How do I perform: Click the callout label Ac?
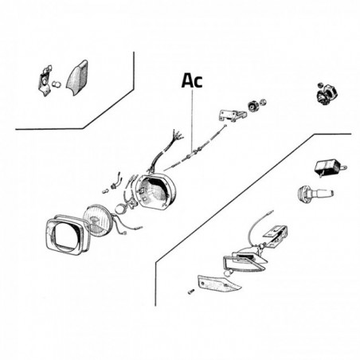click(192, 80)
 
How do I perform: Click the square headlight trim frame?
click(50, 233)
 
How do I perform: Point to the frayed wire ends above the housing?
click(177, 135)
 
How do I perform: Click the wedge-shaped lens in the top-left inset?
click(77, 77)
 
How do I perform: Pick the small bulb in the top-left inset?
click(57, 84)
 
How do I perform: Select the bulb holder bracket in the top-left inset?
click(45, 80)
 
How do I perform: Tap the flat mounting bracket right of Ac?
click(232, 115)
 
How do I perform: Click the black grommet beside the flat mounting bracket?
click(252, 106)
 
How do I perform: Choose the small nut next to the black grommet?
click(263, 102)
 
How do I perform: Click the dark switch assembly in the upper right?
click(327, 93)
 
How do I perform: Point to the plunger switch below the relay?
click(315, 194)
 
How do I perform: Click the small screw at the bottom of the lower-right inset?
click(190, 292)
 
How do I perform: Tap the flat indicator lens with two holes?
click(219, 283)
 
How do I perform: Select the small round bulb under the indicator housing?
click(227, 273)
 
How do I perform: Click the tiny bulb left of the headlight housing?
click(106, 191)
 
